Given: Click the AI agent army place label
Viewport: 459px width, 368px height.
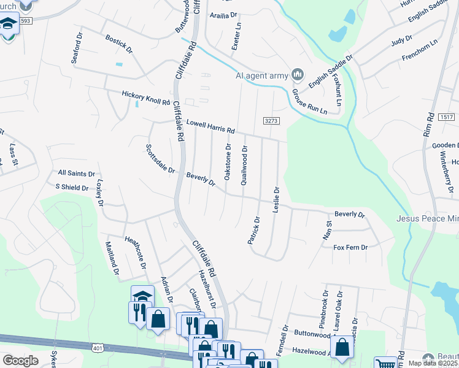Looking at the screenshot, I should pos(261,76).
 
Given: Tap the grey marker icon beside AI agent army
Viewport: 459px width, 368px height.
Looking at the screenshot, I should pos(298,75).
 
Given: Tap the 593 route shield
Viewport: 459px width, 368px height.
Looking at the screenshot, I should pos(25,20).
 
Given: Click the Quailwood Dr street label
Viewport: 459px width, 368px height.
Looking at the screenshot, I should pos(244,165).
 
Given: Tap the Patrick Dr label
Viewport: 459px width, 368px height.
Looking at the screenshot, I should pos(254,230).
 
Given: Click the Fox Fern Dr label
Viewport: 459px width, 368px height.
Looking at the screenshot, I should pos(350,247).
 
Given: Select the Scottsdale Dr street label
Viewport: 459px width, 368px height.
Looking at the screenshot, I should pos(160,159).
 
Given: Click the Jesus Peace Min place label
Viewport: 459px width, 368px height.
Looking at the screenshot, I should pos(427,218).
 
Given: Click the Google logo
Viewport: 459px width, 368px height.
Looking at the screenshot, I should pos(20,361).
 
